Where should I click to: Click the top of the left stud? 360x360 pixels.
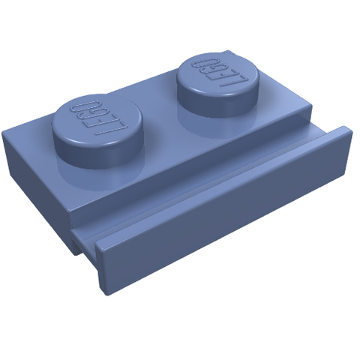[x=98, y=118]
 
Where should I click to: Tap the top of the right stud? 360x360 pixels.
[x=217, y=74]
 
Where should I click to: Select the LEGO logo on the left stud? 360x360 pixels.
[x=98, y=116]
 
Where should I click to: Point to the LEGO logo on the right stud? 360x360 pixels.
[x=217, y=73]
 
